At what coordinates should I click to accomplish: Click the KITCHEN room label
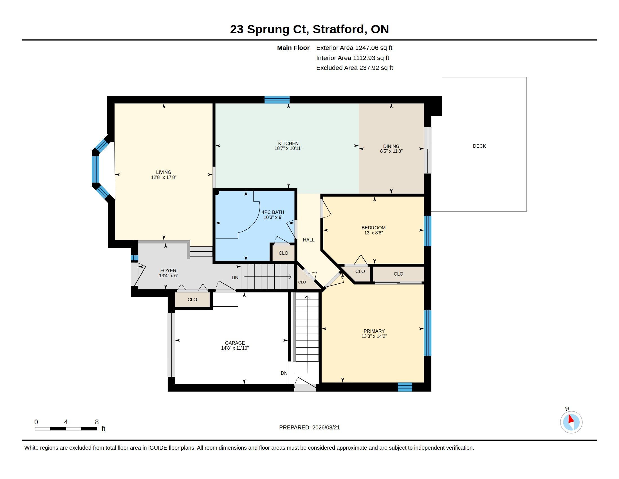[x=288, y=143]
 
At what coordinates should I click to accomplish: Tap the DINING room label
[x=391, y=147]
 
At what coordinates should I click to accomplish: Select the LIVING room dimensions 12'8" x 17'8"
[x=163, y=177]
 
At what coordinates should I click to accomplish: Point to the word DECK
[x=479, y=146]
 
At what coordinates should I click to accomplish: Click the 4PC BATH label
[x=273, y=212]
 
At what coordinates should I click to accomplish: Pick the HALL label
[x=309, y=240]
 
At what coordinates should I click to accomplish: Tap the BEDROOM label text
[x=374, y=228]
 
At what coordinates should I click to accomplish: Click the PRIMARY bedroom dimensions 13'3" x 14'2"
[x=374, y=336]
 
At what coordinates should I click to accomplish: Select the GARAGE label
[x=235, y=343]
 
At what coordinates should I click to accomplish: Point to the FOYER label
[x=168, y=270]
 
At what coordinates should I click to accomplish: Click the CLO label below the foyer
[x=192, y=299]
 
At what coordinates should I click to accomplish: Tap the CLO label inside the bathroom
[x=283, y=253]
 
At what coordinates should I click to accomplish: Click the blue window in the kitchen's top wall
[x=277, y=99]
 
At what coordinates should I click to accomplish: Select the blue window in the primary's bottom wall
[x=405, y=387]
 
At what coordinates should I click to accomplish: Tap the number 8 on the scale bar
[x=97, y=422]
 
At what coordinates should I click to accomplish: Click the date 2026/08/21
[x=326, y=427]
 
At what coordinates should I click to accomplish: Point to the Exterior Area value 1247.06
[x=366, y=48]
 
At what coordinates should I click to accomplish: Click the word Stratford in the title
[x=339, y=29]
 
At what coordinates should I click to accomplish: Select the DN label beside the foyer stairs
[x=235, y=278]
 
